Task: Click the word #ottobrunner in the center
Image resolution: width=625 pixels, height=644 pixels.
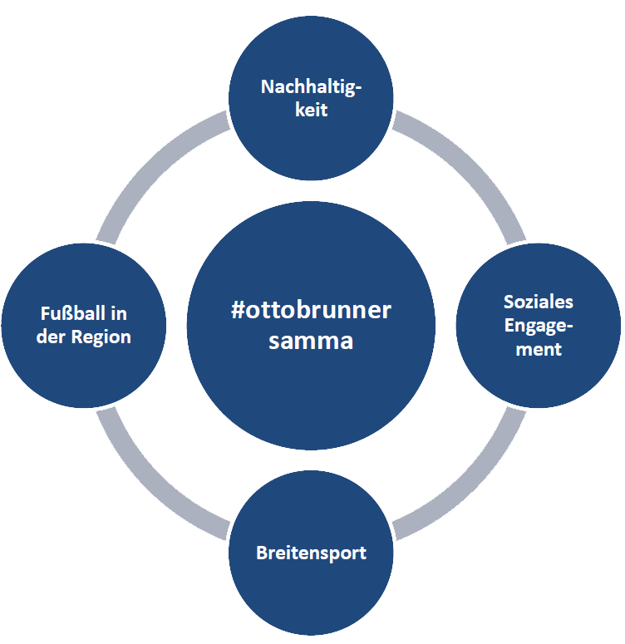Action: (311, 312)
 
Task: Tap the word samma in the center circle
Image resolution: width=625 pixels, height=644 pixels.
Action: (311, 341)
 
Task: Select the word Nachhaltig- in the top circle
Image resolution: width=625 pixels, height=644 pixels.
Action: (312, 86)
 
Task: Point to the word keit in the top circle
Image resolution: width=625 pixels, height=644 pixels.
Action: (312, 110)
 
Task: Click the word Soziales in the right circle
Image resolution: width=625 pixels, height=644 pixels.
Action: (539, 302)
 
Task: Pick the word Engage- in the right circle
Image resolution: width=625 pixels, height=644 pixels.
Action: (539, 326)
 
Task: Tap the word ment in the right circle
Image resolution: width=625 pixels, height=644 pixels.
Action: (539, 349)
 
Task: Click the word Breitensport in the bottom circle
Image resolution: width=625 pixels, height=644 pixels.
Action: (312, 553)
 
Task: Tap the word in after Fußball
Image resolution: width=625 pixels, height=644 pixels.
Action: (118, 314)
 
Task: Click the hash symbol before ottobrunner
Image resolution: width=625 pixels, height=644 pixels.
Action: (238, 312)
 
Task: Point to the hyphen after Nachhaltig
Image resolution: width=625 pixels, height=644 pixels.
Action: (359, 88)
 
